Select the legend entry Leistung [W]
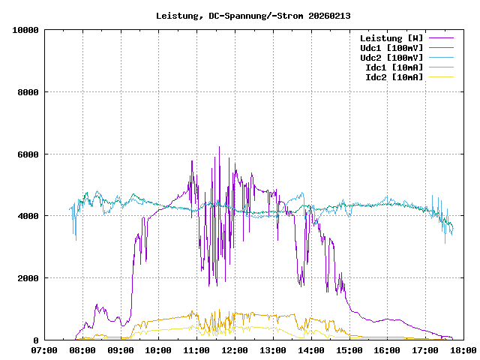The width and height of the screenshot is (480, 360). [x=391, y=38]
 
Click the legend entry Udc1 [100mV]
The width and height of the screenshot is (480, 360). [x=391, y=48]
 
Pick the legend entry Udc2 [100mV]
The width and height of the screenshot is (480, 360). [x=391, y=58]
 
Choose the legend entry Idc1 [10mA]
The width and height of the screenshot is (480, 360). [x=394, y=67]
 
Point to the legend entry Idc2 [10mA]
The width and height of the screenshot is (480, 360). [x=394, y=77]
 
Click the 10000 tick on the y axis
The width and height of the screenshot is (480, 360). [x=25, y=30]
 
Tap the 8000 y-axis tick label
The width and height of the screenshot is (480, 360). [x=28, y=92]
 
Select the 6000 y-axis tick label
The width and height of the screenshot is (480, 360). [x=28, y=154]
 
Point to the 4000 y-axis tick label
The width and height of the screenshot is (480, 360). [x=28, y=216]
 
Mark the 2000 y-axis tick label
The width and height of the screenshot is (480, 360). [x=28, y=278]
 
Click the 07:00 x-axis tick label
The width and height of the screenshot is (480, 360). [x=44, y=349]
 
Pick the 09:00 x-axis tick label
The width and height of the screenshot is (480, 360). [x=121, y=349]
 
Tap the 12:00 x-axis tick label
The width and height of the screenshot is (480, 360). [x=235, y=349]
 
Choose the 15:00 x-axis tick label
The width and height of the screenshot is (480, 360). [x=349, y=349]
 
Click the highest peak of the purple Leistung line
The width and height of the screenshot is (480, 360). [x=219, y=148]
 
